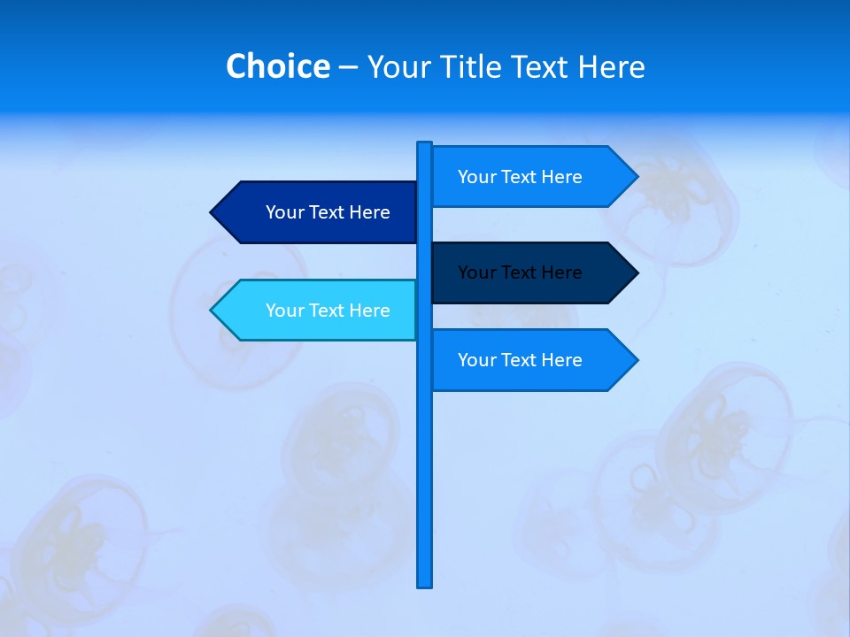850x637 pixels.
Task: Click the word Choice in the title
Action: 277,66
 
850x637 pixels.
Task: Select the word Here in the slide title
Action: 611,66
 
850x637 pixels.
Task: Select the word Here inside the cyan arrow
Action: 369,311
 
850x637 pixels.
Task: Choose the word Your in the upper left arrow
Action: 284,212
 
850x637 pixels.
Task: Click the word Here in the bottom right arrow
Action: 561,360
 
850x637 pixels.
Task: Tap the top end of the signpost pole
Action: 424,144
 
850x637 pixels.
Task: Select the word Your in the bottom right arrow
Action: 476,360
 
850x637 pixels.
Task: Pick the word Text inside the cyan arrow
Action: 327,311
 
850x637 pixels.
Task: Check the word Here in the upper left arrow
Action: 369,212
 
